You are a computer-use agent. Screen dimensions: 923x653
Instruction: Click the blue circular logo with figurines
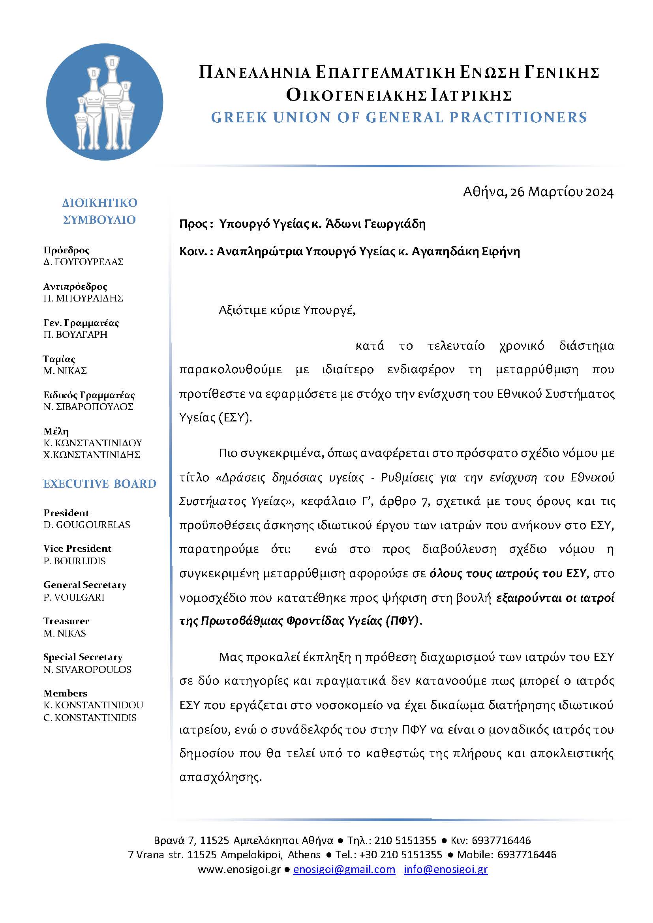point(105,102)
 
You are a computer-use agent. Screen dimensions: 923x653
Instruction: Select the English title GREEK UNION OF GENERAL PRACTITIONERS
point(399,117)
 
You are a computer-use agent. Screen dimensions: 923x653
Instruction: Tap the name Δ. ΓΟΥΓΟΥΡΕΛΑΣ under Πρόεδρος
point(83,262)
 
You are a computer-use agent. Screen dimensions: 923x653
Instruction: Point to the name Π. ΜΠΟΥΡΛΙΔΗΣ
point(83,298)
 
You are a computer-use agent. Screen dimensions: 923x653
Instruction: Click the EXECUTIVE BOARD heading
point(100,484)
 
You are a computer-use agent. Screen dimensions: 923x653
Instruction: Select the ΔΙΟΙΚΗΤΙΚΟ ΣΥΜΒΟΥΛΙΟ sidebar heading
point(100,211)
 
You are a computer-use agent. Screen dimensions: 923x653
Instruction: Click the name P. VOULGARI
point(74,597)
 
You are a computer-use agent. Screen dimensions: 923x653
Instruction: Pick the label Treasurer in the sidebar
point(66,621)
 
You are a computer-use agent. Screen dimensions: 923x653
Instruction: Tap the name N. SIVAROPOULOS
point(87,669)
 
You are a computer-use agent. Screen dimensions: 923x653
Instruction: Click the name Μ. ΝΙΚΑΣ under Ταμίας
point(65,371)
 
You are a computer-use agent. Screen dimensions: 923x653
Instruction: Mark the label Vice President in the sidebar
point(77,549)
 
